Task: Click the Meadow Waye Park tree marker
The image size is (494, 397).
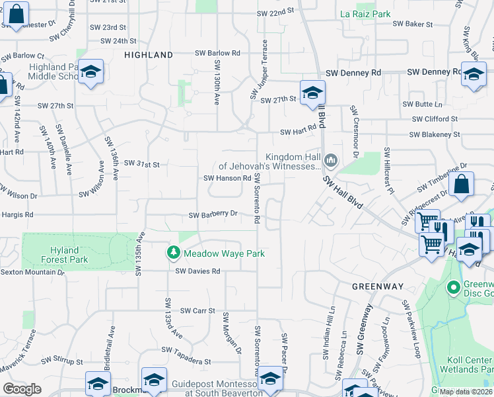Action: (173, 253)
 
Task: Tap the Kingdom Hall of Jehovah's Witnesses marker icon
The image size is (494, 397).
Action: (331, 161)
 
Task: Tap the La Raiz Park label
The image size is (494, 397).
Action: (365, 14)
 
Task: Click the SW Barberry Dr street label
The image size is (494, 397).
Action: (213, 214)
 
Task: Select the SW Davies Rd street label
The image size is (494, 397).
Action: (197, 271)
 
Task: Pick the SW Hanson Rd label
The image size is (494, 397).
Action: (227, 178)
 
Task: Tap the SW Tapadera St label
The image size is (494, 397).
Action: (189, 362)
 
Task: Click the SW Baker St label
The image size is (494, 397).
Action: (412, 24)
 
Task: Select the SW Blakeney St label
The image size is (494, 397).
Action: (434, 134)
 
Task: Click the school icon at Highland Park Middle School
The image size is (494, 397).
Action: (90, 70)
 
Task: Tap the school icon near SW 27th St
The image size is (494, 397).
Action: (312, 92)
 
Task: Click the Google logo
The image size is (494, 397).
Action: (22, 389)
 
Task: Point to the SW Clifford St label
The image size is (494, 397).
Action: (435, 119)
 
